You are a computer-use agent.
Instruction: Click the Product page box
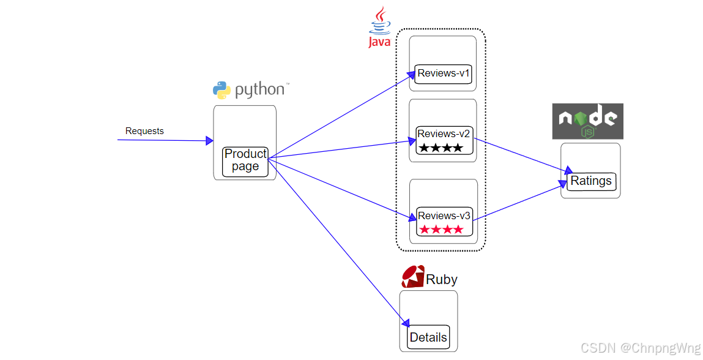[x=245, y=161]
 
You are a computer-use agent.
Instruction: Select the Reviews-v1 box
[x=443, y=73]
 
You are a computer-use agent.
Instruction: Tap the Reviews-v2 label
[x=444, y=133]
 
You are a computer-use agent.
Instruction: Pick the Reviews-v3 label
[x=444, y=216]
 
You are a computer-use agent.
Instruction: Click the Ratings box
[x=590, y=181]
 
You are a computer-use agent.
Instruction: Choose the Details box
[x=428, y=337]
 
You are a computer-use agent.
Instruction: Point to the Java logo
[x=380, y=28]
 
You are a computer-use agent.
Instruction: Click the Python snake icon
[x=221, y=90]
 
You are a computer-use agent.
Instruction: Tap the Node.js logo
[x=587, y=121]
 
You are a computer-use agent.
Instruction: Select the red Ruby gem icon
[x=413, y=277]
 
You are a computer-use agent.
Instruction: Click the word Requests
[x=144, y=131]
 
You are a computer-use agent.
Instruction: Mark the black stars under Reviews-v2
[x=441, y=148]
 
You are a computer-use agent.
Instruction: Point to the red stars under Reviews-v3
[x=441, y=230]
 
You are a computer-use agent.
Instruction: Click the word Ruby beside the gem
[x=442, y=280]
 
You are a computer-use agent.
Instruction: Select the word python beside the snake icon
[x=260, y=90]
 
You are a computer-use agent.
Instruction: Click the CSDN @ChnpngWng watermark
[x=640, y=348]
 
